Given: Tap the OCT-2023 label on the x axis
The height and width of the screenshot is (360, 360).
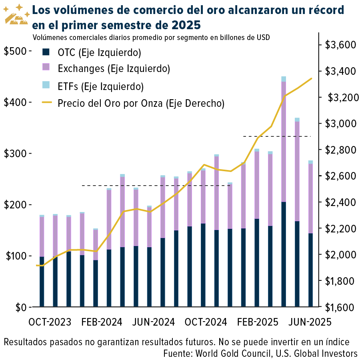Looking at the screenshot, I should point(50,322).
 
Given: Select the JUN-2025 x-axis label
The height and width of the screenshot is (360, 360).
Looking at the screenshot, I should point(310,322).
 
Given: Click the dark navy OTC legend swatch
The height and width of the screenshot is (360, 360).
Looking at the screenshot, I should point(46,52).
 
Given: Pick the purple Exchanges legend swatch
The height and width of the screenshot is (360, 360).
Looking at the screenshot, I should point(46,68).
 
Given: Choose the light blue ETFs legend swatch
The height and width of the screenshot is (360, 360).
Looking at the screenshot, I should point(46,85).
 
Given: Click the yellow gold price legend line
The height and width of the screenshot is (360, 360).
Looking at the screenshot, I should point(46,103).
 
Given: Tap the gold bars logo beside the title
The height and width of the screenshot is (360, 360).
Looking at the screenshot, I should point(16,15).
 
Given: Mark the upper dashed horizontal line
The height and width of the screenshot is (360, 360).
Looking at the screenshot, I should point(277,136).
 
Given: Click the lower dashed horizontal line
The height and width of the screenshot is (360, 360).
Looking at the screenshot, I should point(156,186).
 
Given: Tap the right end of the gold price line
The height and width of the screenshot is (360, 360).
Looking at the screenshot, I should point(311,78).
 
